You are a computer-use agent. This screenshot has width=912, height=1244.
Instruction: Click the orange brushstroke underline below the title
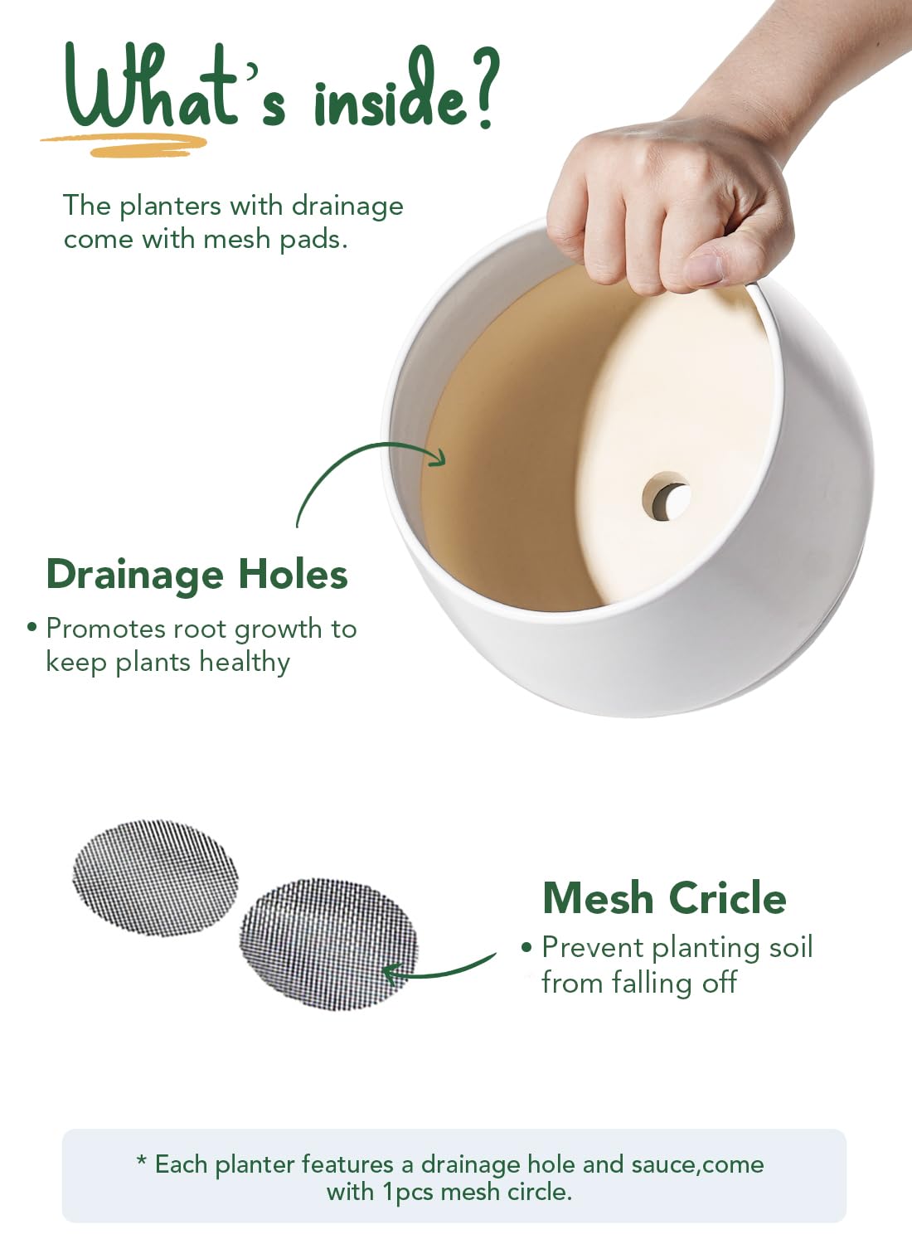coord(124,145)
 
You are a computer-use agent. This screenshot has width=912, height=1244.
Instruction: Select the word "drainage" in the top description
coord(347,207)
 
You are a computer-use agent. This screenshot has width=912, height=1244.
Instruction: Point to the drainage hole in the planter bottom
coord(667,496)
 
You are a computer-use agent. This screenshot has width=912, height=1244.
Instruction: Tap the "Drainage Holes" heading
coord(197,574)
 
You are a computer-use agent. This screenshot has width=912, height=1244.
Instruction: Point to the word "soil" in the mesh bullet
coord(790,947)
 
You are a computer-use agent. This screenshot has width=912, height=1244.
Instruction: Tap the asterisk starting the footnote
coord(142,1161)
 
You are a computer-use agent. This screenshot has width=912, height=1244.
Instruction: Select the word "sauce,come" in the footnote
coord(698,1165)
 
